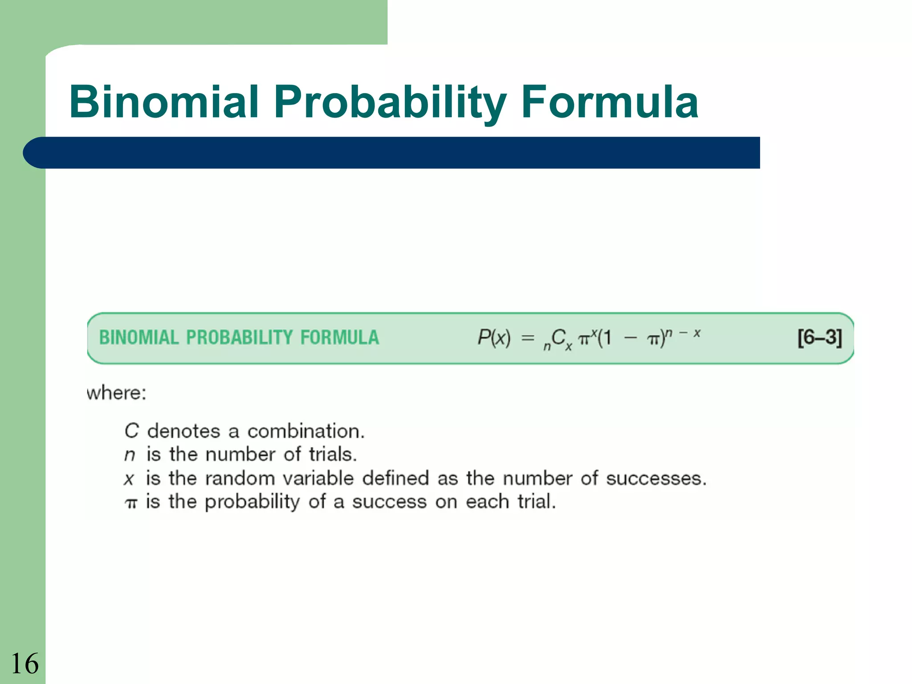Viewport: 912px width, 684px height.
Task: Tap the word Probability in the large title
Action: pyautogui.click(x=390, y=103)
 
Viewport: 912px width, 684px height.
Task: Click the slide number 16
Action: pyautogui.click(x=24, y=664)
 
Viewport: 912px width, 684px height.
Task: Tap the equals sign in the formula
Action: pyautogui.click(x=527, y=338)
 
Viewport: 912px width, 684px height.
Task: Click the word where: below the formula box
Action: pyautogui.click(x=116, y=393)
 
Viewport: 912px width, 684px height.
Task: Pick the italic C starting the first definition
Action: pyautogui.click(x=131, y=431)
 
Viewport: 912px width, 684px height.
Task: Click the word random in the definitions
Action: pyautogui.click(x=240, y=479)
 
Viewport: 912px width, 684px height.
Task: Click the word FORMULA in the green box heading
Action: pyautogui.click(x=339, y=338)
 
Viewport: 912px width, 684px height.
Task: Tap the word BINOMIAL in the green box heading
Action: pyautogui.click(x=138, y=338)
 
